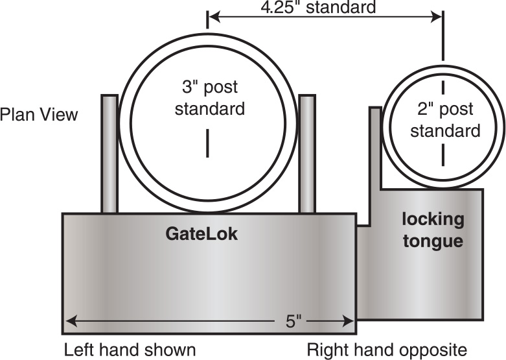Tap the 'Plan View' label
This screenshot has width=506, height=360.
click(x=39, y=115)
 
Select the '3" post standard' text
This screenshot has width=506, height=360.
click(x=209, y=97)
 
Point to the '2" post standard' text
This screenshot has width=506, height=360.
click(x=444, y=120)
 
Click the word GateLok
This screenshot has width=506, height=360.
click(x=201, y=234)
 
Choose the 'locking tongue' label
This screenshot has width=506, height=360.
click(x=433, y=230)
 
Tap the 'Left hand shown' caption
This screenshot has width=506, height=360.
click(x=130, y=350)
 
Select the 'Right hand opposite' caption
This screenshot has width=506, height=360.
click(x=387, y=350)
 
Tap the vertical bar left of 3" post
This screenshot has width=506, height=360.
click(x=109, y=154)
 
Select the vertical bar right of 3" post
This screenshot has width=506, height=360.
click(x=307, y=154)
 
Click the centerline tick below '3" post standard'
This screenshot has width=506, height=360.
click(x=207, y=143)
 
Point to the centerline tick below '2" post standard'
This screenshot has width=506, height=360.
click(x=444, y=154)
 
